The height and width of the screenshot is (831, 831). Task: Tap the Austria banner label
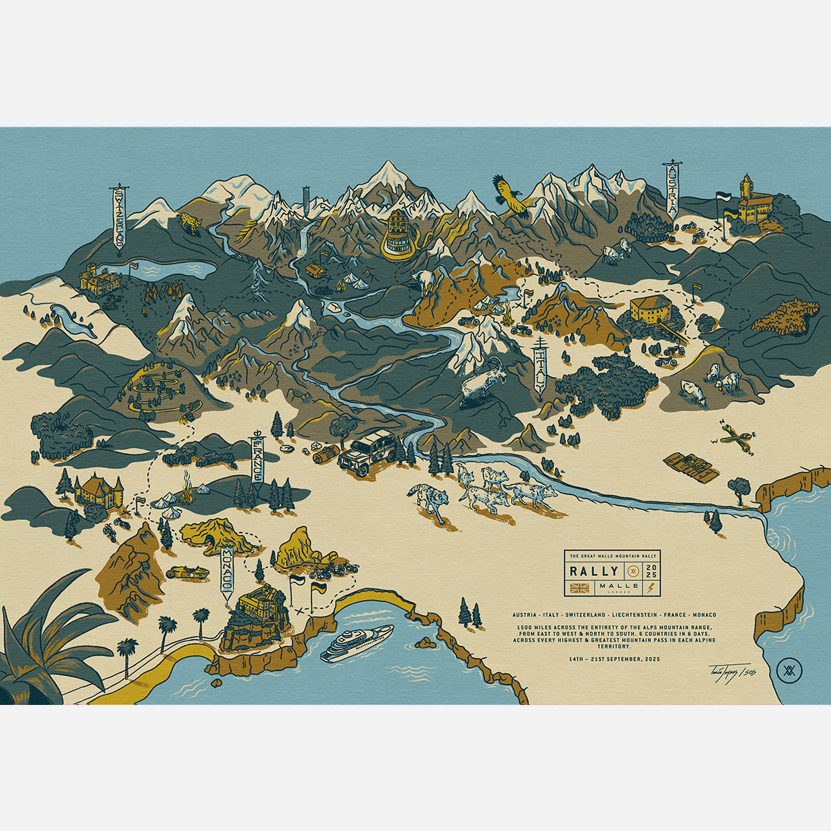670,190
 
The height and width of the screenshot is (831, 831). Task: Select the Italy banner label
541,369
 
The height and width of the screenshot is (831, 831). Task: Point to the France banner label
257,460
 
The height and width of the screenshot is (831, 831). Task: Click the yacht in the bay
357,643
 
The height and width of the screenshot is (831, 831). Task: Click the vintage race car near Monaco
188,573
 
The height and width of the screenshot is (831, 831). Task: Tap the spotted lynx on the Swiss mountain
188,222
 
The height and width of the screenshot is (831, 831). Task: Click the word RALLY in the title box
594,571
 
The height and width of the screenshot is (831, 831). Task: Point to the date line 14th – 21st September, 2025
613,659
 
